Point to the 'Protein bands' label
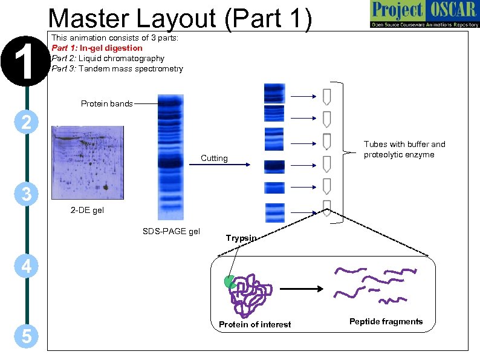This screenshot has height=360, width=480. (106, 104)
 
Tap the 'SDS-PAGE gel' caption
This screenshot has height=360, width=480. (171, 231)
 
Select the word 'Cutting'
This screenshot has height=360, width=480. (214, 159)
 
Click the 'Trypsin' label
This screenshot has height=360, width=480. (241, 238)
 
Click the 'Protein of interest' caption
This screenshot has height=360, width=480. (255, 325)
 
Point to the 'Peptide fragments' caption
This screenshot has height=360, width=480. (386, 322)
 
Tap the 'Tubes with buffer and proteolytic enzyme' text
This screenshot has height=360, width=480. (404, 149)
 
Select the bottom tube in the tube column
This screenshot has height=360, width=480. (327, 206)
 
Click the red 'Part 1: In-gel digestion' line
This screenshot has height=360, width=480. (97, 48)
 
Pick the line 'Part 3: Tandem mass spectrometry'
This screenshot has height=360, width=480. (117, 69)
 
